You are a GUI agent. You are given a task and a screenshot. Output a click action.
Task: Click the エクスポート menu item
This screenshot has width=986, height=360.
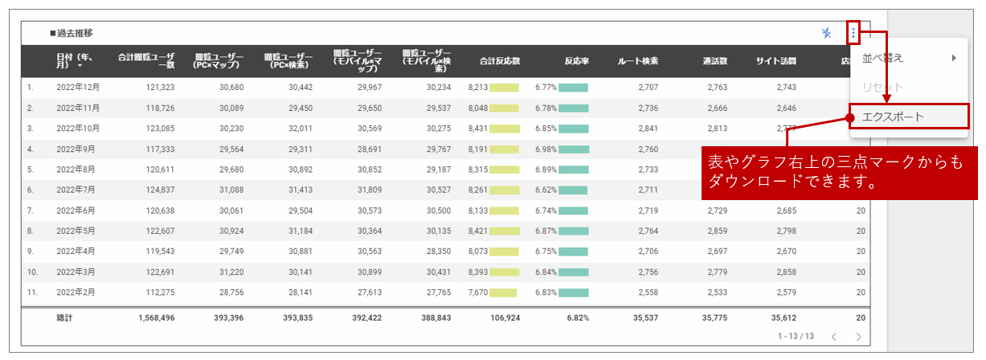893,117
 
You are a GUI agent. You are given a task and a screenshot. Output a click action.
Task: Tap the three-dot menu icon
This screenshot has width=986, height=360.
853,33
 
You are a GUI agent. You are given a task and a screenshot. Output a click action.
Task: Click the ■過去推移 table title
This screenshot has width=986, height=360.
71,33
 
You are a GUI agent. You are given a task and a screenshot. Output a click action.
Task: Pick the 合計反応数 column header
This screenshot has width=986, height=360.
500,60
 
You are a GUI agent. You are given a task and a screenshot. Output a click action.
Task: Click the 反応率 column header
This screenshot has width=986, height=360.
576,60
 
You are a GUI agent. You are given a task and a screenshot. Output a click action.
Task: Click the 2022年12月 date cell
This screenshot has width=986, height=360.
78,87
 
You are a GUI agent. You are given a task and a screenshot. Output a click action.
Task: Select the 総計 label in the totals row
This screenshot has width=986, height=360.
64,317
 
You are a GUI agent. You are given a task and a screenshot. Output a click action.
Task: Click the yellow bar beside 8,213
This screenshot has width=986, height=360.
504,87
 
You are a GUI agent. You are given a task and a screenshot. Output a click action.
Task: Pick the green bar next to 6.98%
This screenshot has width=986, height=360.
573,149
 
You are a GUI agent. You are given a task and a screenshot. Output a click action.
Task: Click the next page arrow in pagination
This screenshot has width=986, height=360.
858,337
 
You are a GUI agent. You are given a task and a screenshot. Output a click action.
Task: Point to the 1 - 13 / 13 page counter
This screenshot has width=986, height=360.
796,337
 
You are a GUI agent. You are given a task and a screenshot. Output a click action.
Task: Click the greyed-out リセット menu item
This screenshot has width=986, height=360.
882,87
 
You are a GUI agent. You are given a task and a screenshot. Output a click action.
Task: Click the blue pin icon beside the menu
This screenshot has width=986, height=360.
826,33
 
